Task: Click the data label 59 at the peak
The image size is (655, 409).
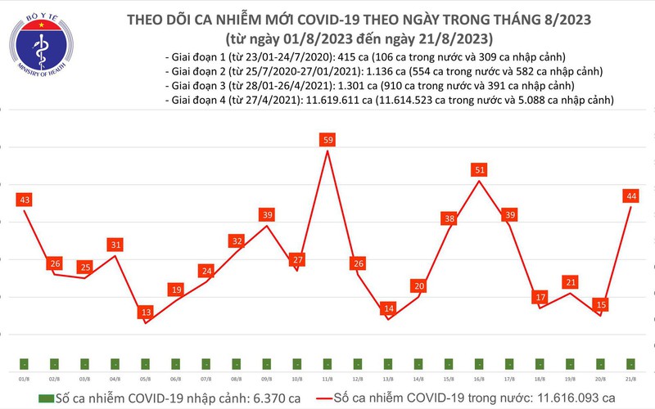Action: point(327,140)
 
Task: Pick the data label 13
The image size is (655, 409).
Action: point(145,312)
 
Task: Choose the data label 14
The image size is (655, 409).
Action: point(388,308)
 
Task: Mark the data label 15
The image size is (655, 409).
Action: point(600,304)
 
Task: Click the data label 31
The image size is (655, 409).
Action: point(115,245)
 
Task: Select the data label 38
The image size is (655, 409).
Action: point(449,218)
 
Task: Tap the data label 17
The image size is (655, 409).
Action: point(540,297)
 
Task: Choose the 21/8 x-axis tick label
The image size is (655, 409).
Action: point(630,379)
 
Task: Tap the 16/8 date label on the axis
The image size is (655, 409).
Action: point(479,379)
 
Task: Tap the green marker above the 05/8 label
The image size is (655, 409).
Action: point(145,363)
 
